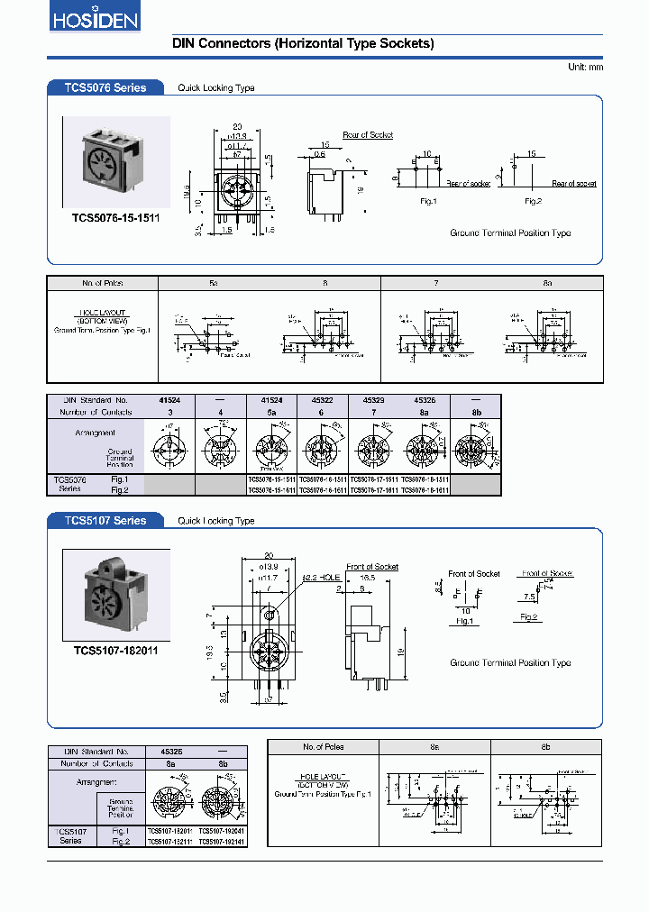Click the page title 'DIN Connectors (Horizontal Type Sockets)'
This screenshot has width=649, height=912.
pos(290,43)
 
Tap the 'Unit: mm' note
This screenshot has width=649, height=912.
pos(585,68)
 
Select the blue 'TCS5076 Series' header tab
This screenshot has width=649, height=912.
pos(105,87)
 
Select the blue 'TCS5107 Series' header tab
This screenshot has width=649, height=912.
pos(105,520)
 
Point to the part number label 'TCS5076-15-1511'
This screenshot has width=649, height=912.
pos(115,217)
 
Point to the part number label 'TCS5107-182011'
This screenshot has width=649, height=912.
pos(115,649)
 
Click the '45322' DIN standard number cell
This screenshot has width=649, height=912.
pos(322,399)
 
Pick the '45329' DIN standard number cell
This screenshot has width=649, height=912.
pos(373,399)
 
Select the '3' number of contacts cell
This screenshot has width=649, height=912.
pos(169,412)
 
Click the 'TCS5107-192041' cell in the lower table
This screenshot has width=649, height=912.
pos(221,841)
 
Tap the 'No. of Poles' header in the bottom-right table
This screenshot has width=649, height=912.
pos(323,747)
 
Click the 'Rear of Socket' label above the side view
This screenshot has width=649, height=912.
pos(368,135)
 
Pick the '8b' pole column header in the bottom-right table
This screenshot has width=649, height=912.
pos(545,747)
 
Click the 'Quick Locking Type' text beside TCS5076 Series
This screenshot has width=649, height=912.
pos(216,88)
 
